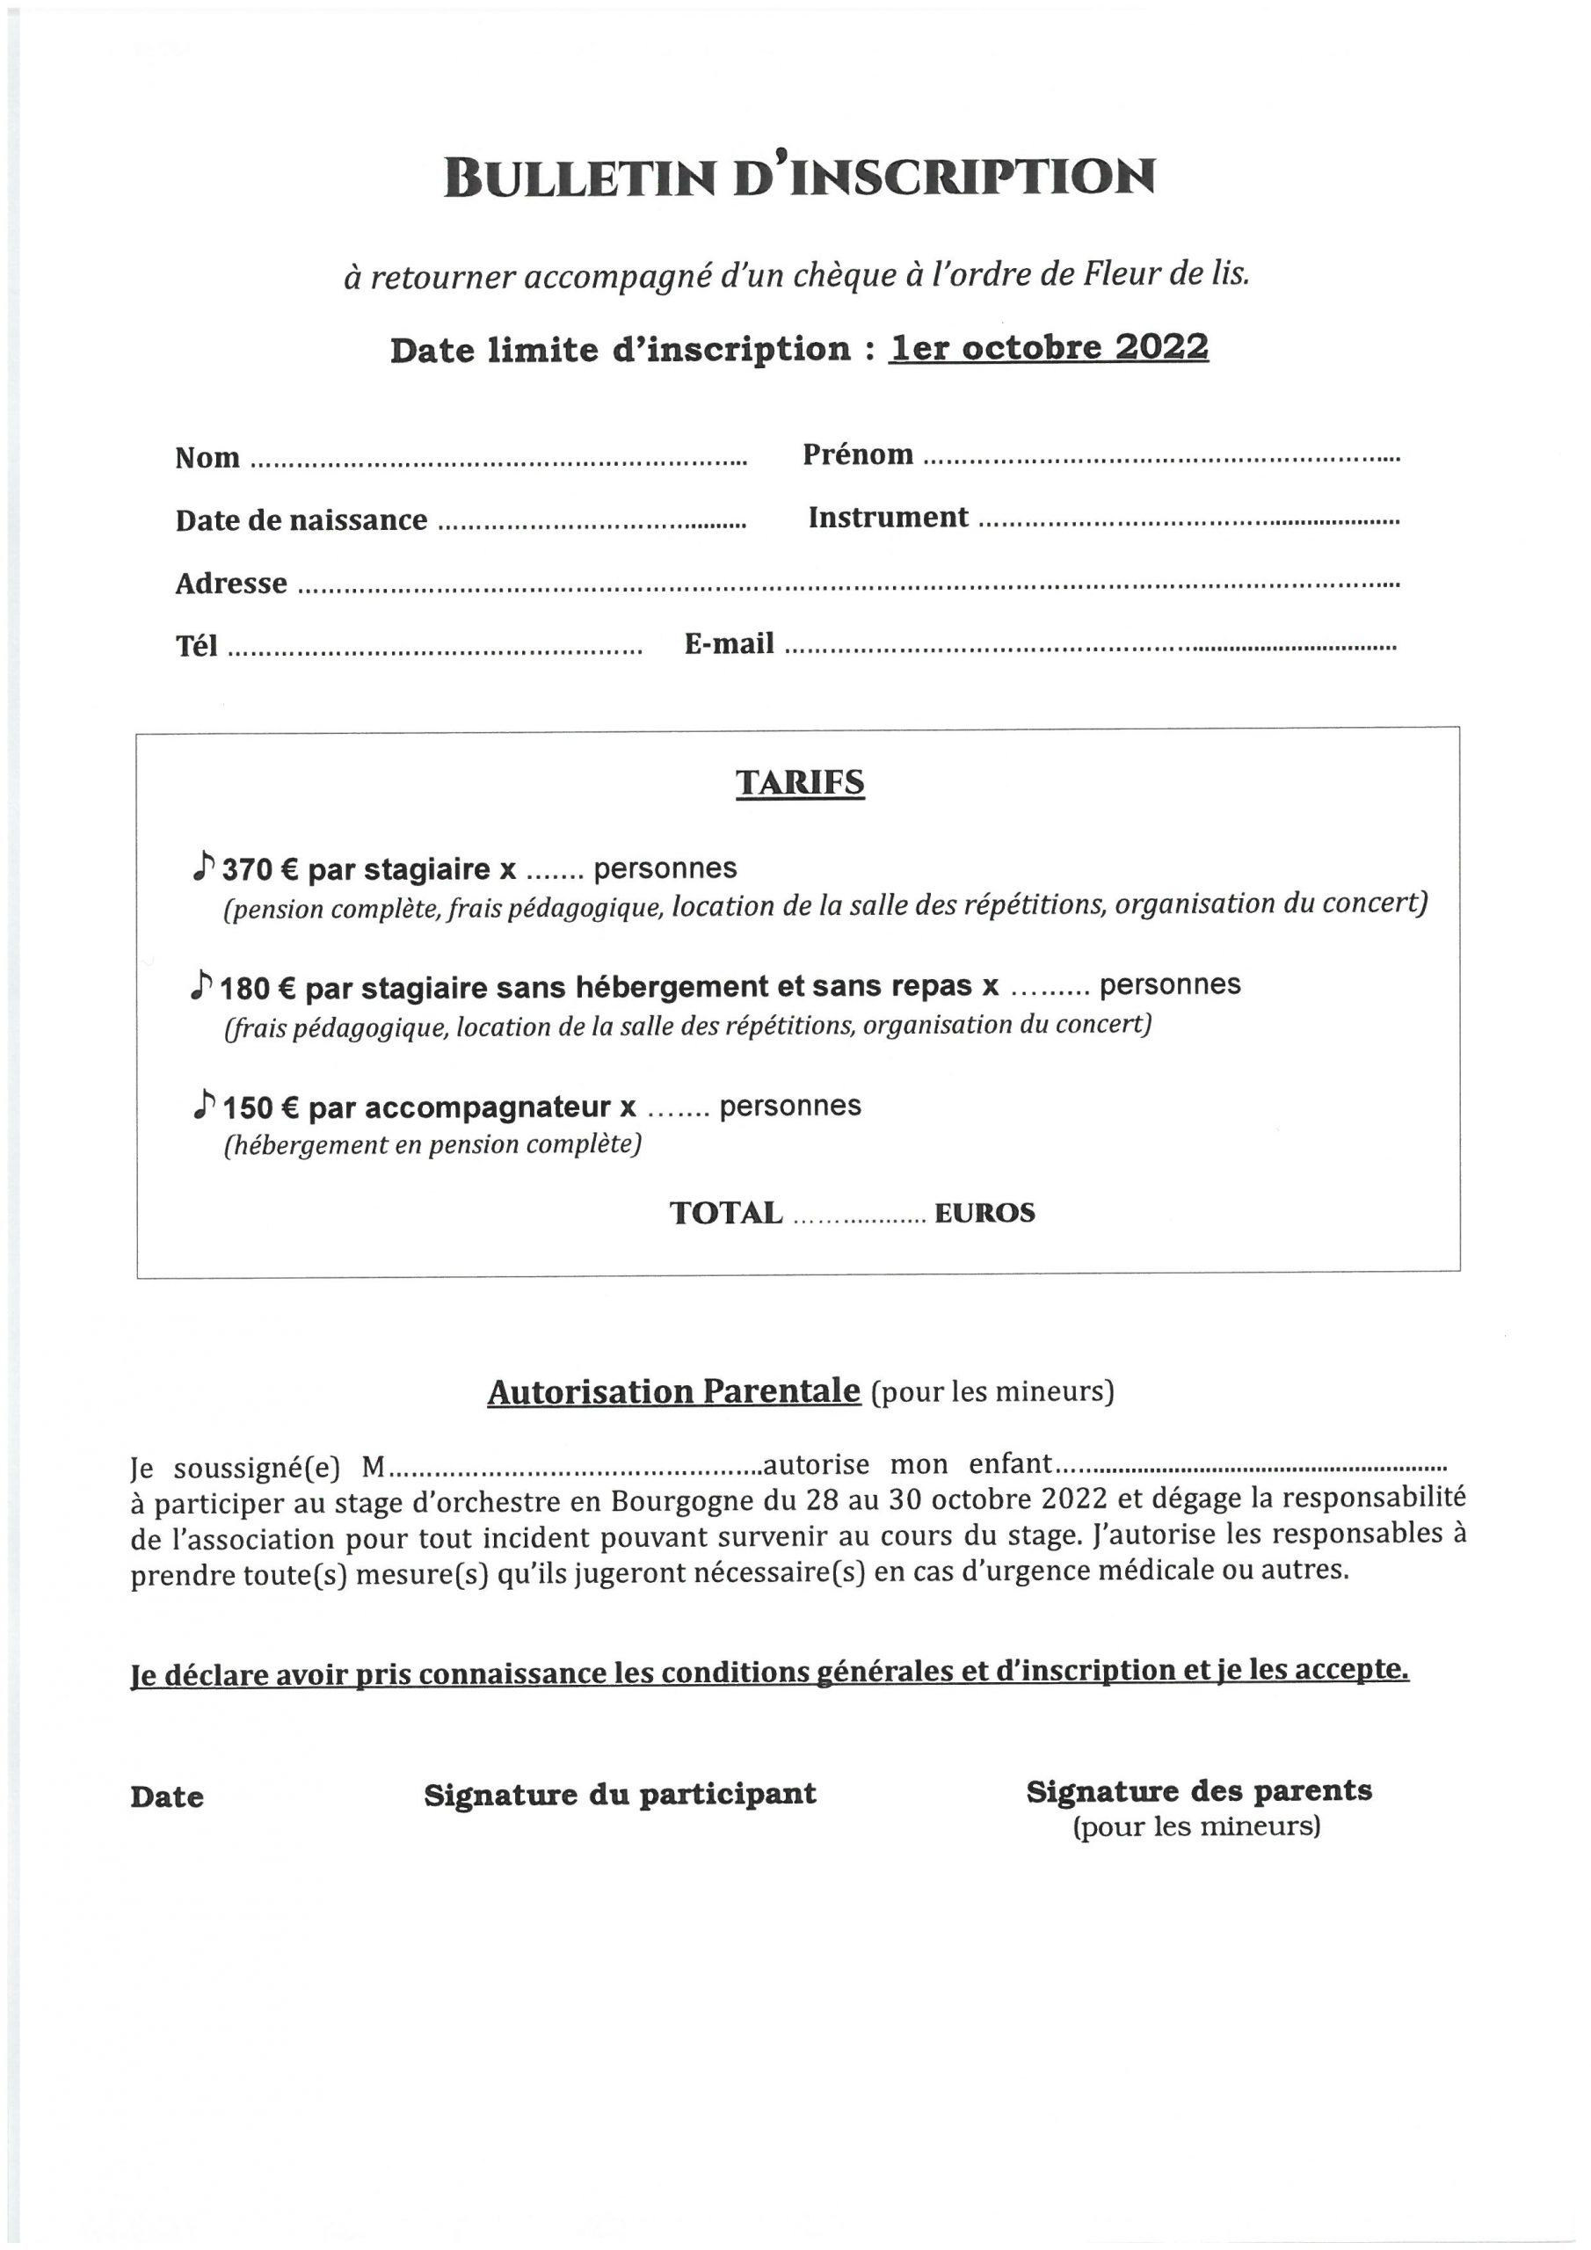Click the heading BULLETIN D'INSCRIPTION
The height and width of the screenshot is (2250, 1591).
799,178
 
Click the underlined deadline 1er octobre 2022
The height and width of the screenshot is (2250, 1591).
1048,348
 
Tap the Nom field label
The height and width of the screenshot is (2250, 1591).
207,458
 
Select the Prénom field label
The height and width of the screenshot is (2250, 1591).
858,454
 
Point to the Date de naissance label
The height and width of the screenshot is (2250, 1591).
301,520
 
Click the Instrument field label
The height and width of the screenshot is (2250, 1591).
887,518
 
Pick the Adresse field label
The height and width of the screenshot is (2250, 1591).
230,584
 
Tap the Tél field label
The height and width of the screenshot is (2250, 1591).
196,647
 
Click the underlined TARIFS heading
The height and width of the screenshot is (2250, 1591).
800,783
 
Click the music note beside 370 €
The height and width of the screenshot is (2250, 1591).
203,866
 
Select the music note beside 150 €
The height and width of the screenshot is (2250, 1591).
203,1105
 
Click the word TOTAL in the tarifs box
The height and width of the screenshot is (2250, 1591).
725,1213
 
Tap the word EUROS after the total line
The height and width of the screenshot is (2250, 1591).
984,1213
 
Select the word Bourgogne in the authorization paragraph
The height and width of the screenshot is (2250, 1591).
682,1500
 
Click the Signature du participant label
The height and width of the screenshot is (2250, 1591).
620,1795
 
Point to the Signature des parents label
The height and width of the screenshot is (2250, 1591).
1198,1791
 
